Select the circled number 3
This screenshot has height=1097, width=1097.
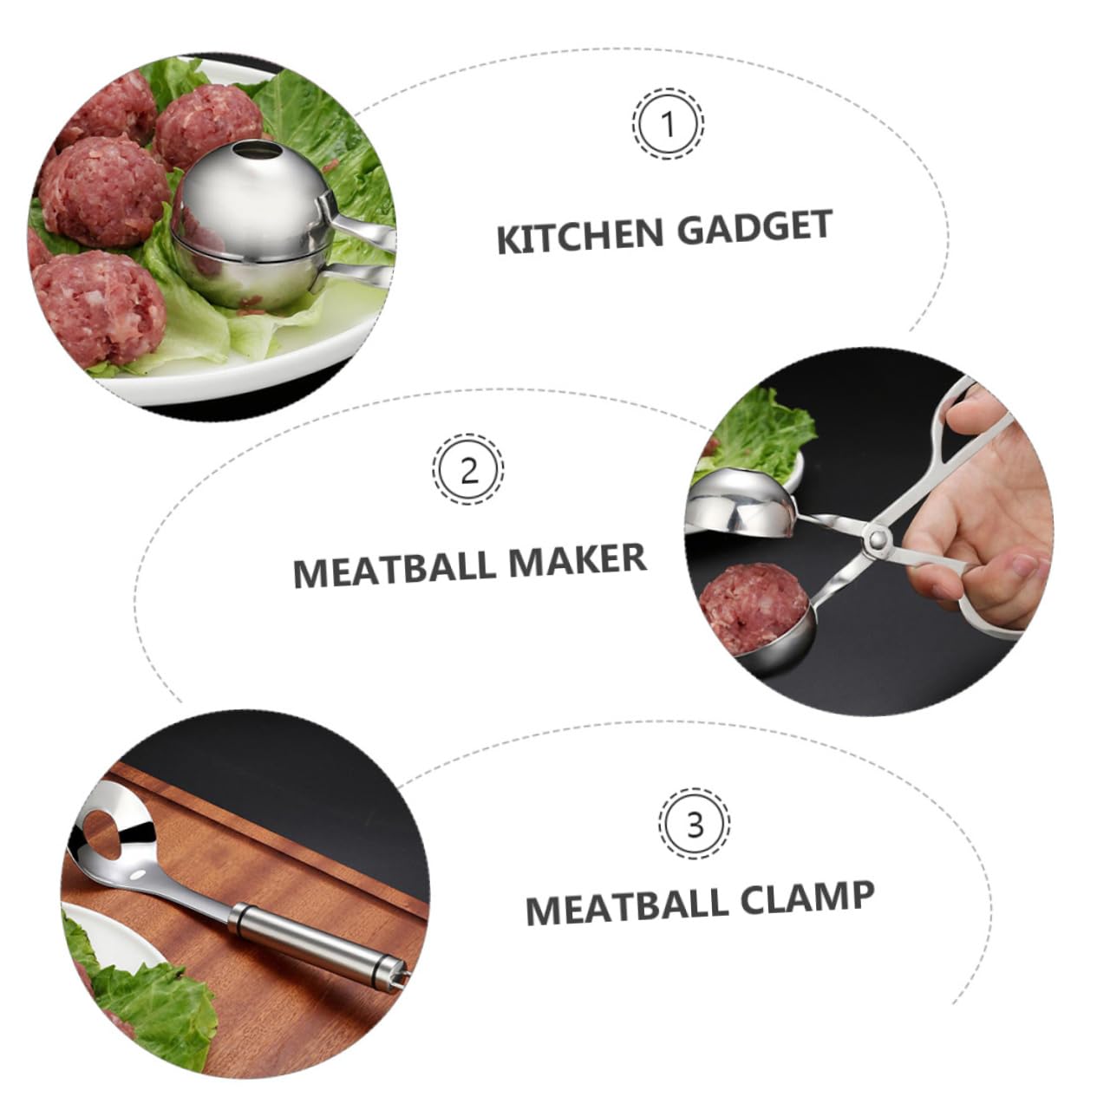click(695, 824)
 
